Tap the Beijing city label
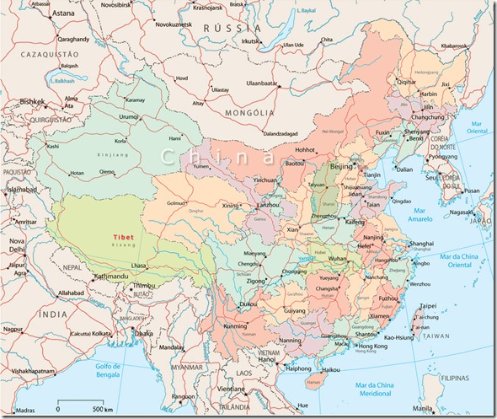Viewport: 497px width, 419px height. [342, 167]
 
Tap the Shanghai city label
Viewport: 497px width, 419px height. [420, 243]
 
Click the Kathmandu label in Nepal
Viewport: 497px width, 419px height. [110, 276]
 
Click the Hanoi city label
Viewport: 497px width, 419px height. [267, 358]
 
